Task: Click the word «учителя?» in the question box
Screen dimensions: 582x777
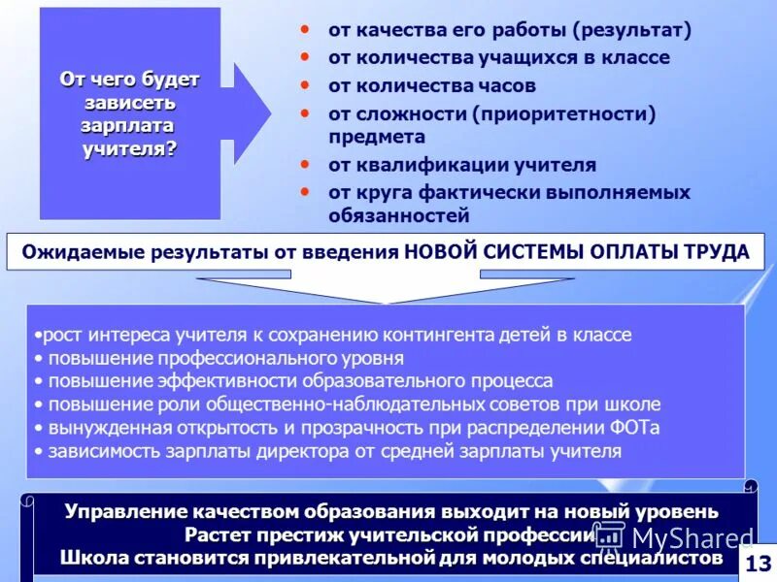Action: [x=130, y=146]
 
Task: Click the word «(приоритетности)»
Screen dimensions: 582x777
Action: [x=564, y=113]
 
